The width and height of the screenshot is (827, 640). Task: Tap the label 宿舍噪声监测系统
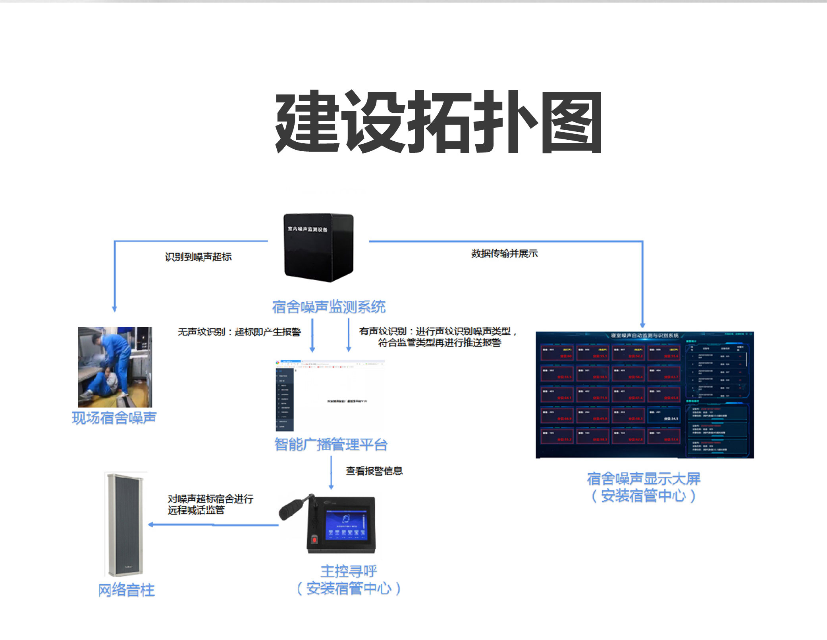point(329,307)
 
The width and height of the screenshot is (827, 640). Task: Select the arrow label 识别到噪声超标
point(198,257)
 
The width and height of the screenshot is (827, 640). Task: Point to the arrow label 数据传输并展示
point(504,253)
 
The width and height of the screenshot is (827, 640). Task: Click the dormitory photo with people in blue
point(115,367)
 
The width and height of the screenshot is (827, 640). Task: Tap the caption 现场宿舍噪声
point(114,418)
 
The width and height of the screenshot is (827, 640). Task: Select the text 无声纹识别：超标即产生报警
point(239,332)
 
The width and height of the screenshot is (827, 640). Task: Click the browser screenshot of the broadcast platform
point(330,395)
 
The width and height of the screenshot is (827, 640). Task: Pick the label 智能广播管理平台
point(331,444)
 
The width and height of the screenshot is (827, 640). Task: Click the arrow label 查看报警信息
point(374,471)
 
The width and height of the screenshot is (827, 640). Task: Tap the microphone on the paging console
point(292,507)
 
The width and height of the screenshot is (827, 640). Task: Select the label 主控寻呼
point(349,571)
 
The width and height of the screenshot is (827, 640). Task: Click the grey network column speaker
point(126,524)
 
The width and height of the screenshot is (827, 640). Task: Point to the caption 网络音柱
point(126,590)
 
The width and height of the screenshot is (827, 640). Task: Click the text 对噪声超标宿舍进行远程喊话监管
point(210,504)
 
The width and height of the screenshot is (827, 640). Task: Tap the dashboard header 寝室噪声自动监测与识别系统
point(644,335)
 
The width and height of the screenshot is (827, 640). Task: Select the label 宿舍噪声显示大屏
point(644,479)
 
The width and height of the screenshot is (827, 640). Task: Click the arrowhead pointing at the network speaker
point(151,524)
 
